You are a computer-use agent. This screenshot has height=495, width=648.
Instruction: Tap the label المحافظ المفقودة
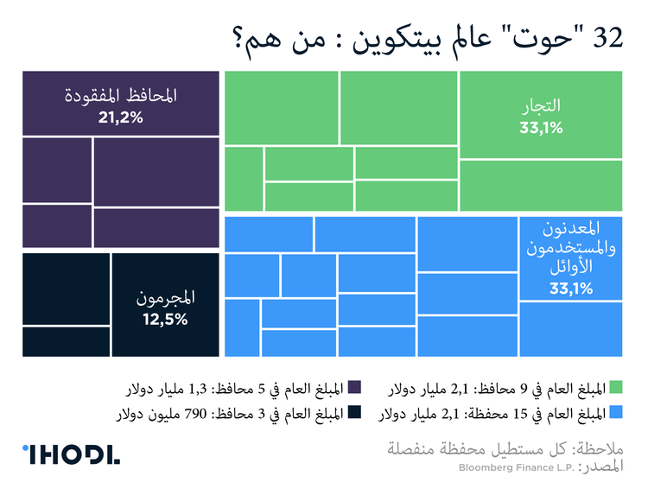pos(121,96)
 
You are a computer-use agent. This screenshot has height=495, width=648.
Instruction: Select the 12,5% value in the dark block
pos(165,319)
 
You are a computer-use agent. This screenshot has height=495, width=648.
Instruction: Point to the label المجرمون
pos(165,298)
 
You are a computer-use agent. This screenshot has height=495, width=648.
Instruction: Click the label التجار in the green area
pos(541,107)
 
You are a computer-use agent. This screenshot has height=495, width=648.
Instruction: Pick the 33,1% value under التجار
pos(541,129)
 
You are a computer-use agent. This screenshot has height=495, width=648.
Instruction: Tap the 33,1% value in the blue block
pos(570,289)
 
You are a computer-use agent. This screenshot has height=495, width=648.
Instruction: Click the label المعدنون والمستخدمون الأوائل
pos(570,249)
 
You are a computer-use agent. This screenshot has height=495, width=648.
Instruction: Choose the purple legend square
pos(353,387)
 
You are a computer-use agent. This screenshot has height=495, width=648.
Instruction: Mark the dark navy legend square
pos(353,411)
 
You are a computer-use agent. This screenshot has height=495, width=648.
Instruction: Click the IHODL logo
pos(71,455)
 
